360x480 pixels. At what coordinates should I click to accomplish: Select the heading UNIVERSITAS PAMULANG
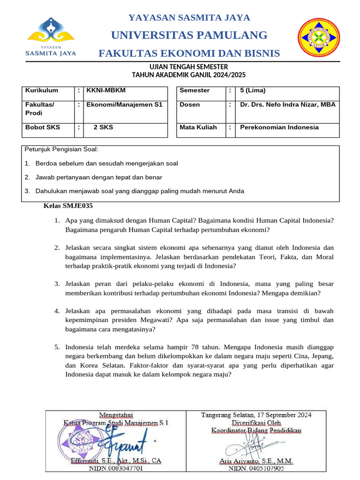point(189,35)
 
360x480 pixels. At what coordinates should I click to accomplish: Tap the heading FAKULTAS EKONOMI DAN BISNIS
point(189,53)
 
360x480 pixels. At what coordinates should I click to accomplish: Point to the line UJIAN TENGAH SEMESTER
point(188,67)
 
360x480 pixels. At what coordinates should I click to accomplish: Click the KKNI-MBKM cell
point(106,90)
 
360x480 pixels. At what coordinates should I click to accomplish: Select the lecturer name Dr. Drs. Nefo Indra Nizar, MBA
point(287,105)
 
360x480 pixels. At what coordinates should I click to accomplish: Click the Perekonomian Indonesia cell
point(279,127)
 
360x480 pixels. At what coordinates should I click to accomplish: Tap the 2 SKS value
point(103,127)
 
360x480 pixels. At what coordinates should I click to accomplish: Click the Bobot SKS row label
point(40,127)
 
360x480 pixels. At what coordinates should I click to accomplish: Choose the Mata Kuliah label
point(198,127)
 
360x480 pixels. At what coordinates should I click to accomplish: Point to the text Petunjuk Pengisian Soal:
point(61,150)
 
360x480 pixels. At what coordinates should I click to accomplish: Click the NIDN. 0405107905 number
point(256,468)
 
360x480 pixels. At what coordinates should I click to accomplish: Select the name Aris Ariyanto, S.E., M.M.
point(256,461)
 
